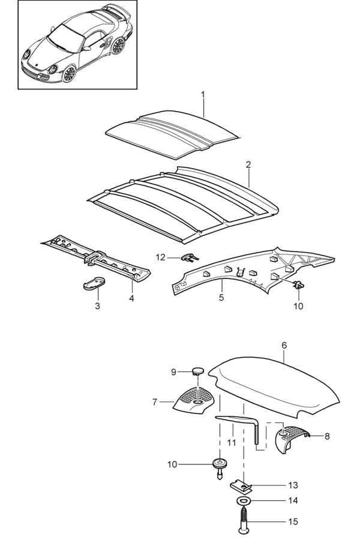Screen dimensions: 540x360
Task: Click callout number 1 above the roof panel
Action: (x=203, y=95)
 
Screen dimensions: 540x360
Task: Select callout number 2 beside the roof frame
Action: (x=248, y=164)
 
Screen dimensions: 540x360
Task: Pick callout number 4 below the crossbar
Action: (x=131, y=298)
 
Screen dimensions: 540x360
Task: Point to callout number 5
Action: (x=221, y=298)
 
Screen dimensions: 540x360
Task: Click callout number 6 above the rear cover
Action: (x=284, y=345)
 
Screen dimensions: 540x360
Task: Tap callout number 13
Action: (x=293, y=485)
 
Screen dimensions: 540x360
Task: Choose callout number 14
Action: (x=293, y=500)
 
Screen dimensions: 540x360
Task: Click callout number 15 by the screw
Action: (x=293, y=522)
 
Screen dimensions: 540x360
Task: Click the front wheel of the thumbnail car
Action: (x=70, y=74)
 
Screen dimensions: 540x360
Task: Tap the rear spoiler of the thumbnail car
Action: (x=115, y=10)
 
